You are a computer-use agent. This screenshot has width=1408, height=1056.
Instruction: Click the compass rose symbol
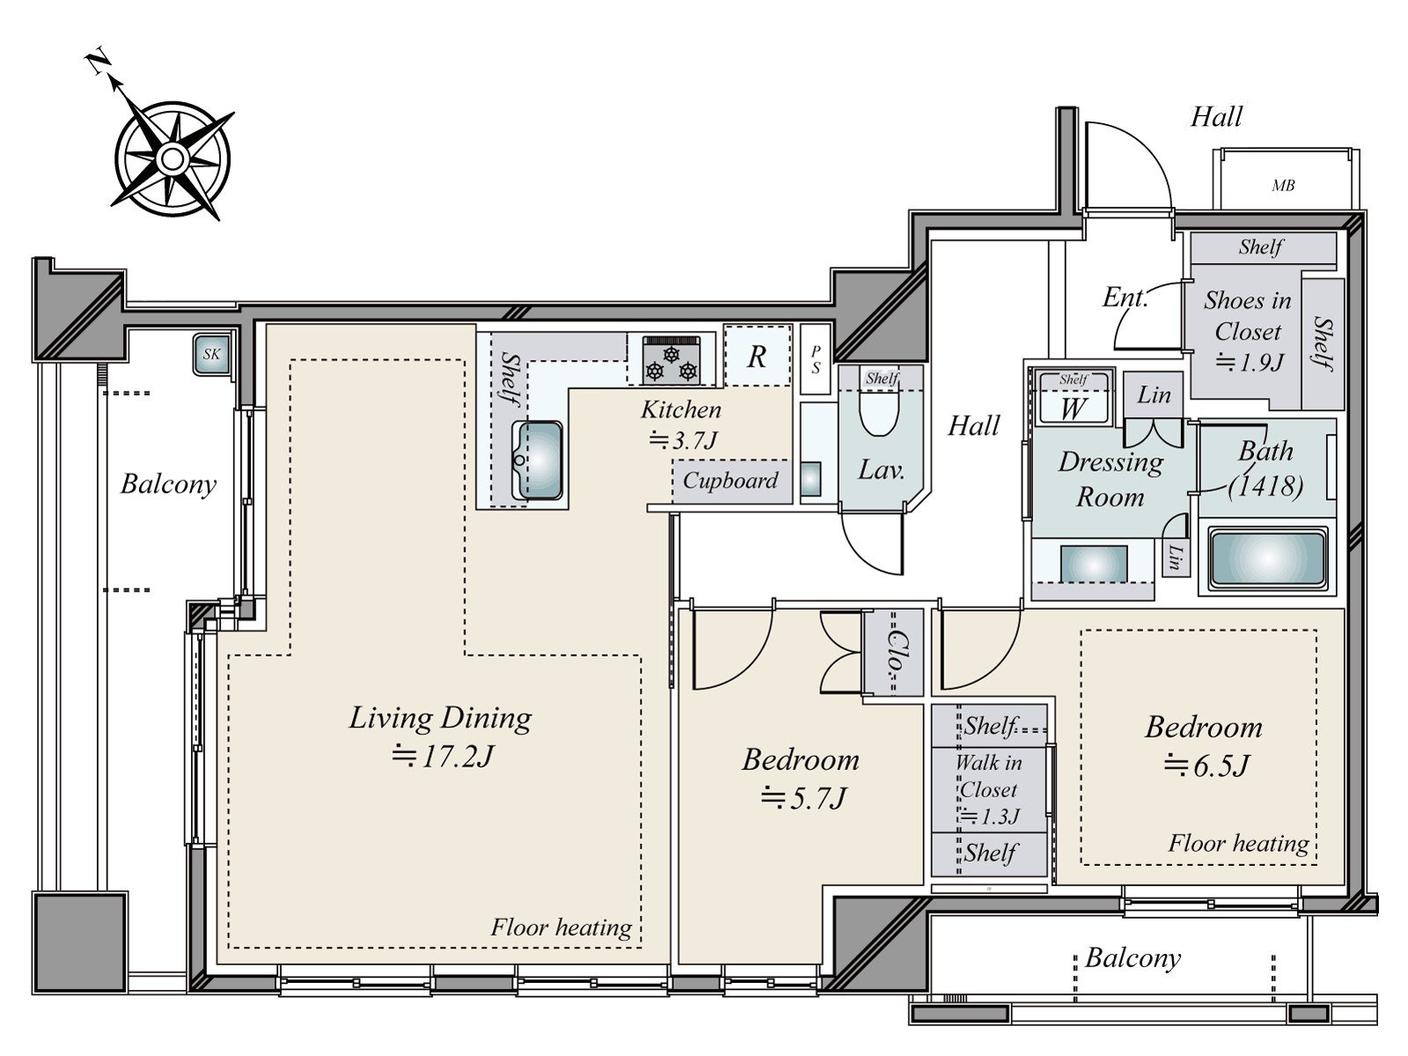tap(172, 158)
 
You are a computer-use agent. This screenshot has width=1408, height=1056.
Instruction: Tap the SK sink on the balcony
tap(211, 353)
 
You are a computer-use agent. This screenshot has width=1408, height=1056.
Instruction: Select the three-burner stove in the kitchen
tap(671, 360)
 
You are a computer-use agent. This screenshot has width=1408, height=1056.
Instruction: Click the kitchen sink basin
tap(539, 459)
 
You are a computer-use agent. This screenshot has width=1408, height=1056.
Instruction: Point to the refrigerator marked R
tap(757, 356)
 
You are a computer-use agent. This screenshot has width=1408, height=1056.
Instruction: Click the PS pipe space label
tap(815, 360)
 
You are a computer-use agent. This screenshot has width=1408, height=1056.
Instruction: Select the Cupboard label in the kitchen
tap(730, 480)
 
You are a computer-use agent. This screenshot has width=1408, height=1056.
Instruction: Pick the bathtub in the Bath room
tap(1267, 559)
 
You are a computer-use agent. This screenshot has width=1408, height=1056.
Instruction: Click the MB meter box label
tap(1283, 186)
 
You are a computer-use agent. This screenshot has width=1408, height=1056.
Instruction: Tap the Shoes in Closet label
tap(1248, 315)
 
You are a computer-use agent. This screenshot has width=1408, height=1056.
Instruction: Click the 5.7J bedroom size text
tap(803, 798)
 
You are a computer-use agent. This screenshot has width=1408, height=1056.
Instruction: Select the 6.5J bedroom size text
tap(1206, 766)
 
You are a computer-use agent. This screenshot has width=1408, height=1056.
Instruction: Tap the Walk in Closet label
tap(988, 776)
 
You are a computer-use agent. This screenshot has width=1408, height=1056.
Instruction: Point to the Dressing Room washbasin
tap(1094, 563)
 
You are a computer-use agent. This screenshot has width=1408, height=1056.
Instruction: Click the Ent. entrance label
tap(1125, 297)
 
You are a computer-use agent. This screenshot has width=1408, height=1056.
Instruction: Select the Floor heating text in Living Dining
tap(561, 928)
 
